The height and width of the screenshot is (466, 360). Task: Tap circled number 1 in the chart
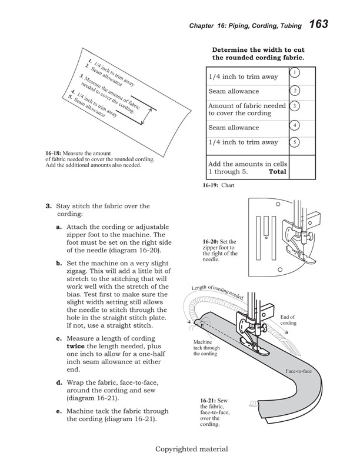296,72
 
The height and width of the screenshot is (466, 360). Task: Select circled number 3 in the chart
296,105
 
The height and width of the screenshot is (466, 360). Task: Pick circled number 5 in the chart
296,142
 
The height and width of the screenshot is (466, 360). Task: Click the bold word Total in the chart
277,172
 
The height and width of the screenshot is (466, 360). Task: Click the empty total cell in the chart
302,168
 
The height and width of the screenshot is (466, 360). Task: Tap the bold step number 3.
48,206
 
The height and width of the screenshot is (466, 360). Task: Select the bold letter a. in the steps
59,227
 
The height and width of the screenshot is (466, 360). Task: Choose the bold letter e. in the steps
59,411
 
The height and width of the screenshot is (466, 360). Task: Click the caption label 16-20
211,241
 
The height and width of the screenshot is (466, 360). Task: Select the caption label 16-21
209,401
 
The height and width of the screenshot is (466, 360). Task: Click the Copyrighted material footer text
191,449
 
